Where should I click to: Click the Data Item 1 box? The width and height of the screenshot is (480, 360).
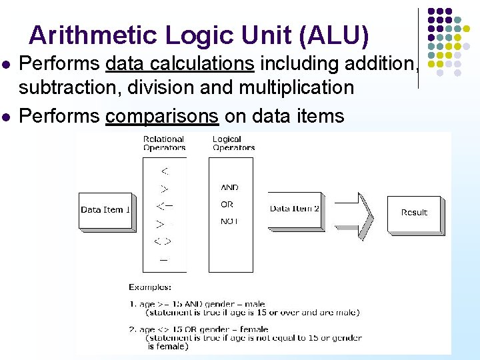(x=105, y=210)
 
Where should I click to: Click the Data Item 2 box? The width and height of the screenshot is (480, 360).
(x=295, y=209)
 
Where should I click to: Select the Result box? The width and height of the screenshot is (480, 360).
(x=414, y=213)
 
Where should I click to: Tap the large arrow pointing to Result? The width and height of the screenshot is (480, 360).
(x=357, y=214)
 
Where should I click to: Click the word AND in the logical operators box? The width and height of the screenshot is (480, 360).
(x=229, y=188)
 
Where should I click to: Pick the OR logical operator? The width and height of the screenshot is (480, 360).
(x=227, y=205)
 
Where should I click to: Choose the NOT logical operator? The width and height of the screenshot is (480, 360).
(x=229, y=221)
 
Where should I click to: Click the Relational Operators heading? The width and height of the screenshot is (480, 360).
(x=164, y=143)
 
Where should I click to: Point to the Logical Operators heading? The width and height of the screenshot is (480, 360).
(x=233, y=143)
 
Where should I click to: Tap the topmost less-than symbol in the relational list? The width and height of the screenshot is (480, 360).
(x=164, y=171)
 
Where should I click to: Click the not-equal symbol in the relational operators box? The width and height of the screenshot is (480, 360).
(x=163, y=241)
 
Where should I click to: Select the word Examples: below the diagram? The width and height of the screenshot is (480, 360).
(x=150, y=287)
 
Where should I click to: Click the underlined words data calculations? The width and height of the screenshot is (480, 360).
(x=180, y=64)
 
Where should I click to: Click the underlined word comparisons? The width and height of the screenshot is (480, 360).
(x=162, y=116)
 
